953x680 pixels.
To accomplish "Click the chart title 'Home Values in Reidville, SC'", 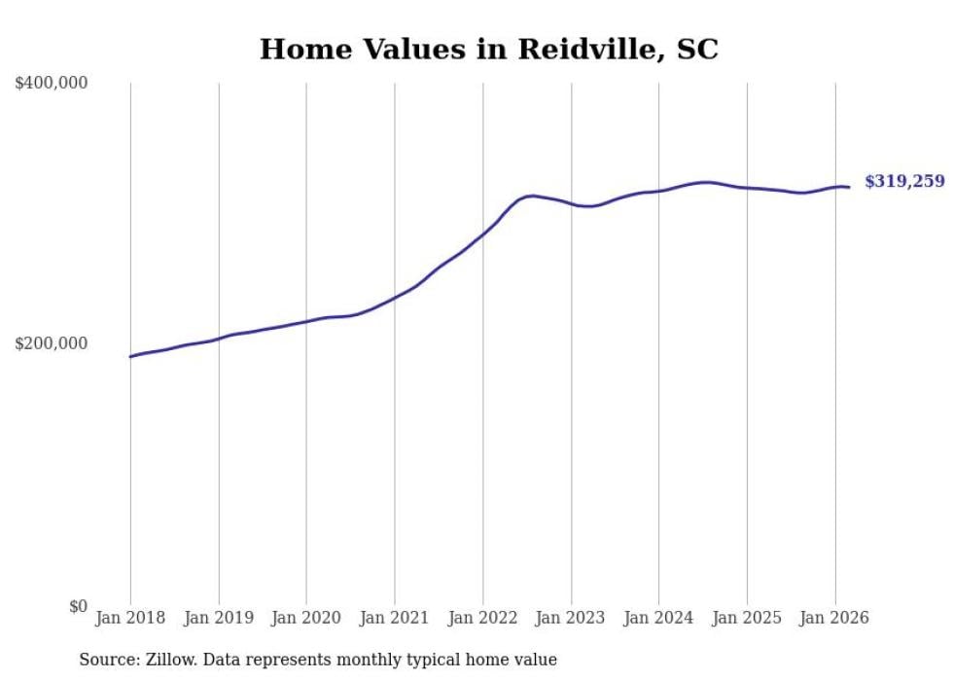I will (488, 50).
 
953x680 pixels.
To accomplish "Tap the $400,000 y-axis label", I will (52, 84).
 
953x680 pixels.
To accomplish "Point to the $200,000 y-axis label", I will (52, 343).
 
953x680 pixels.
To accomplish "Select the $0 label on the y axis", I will (78, 606).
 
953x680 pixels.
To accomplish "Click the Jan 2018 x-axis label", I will (130, 618).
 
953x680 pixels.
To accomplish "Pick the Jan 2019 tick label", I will (219, 618).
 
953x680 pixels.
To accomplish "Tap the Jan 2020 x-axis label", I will (306, 618).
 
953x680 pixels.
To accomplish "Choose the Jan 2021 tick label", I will (395, 618).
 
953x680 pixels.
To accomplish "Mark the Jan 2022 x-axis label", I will (483, 618).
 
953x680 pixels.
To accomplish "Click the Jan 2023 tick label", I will (571, 618).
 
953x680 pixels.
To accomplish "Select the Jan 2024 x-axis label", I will (659, 618).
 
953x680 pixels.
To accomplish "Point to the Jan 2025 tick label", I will (747, 618).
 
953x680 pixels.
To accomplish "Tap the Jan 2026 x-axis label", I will (835, 618).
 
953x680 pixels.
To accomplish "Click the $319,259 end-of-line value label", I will (904, 181).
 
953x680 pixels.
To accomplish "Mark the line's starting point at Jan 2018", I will (130, 356).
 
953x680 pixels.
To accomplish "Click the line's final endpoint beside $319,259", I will (849, 187).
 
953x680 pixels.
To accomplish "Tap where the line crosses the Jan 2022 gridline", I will (483, 233).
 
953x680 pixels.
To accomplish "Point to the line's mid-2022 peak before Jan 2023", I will (530, 196).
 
